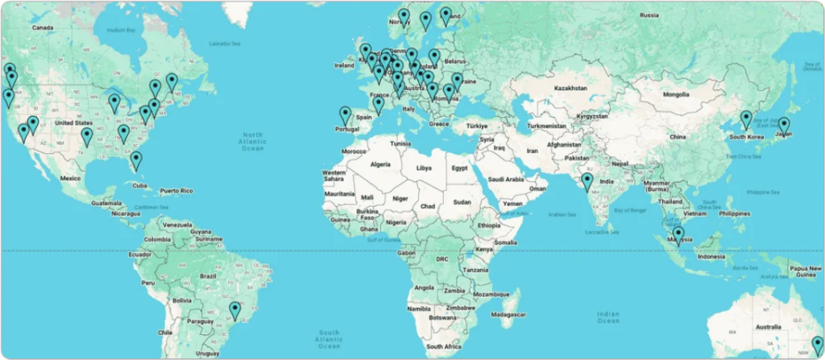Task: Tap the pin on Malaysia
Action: click(x=678, y=234)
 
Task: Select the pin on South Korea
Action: click(x=746, y=119)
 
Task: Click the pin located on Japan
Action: click(x=783, y=126)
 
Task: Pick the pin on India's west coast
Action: click(x=587, y=181)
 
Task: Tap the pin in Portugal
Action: click(x=346, y=115)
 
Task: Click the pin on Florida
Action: click(x=136, y=159)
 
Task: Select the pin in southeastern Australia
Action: click(x=817, y=346)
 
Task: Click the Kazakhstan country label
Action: click(x=573, y=86)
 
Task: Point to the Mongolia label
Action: click(x=675, y=94)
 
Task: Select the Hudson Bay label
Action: click(x=120, y=30)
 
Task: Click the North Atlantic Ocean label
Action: click(x=253, y=140)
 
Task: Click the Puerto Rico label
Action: click(x=176, y=191)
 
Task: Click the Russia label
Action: click(x=649, y=14)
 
